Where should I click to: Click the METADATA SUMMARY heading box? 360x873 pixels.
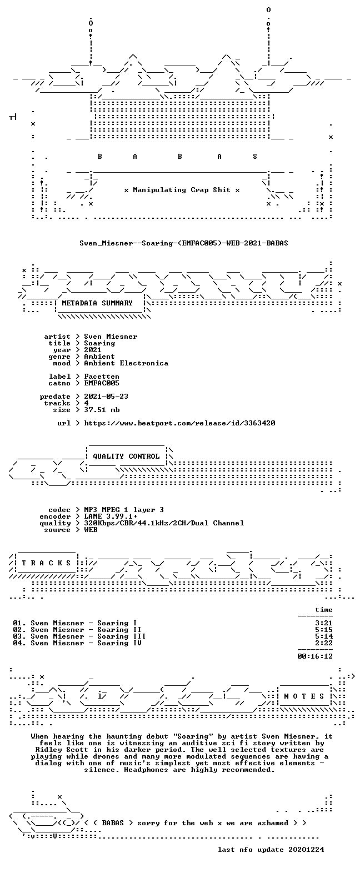click(98, 303)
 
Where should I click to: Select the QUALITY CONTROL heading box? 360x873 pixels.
click(126, 456)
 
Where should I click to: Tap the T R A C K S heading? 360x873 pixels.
click(47, 563)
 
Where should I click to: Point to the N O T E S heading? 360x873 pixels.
click(304, 696)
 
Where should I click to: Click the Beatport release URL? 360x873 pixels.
click(180, 423)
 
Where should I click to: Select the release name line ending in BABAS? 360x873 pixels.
click(184, 243)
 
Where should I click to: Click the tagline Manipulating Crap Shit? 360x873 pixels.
click(182, 190)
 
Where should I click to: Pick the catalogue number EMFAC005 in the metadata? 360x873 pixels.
click(102, 383)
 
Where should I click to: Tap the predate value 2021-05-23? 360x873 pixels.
click(106, 397)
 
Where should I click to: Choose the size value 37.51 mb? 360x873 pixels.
click(102, 410)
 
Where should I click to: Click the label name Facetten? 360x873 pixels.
click(102, 377)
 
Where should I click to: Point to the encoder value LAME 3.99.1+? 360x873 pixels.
click(111, 516)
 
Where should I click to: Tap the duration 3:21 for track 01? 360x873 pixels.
click(324, 623)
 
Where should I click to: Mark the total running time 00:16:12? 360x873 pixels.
click(315, 656)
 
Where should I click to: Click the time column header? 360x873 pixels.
click(324, 610)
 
